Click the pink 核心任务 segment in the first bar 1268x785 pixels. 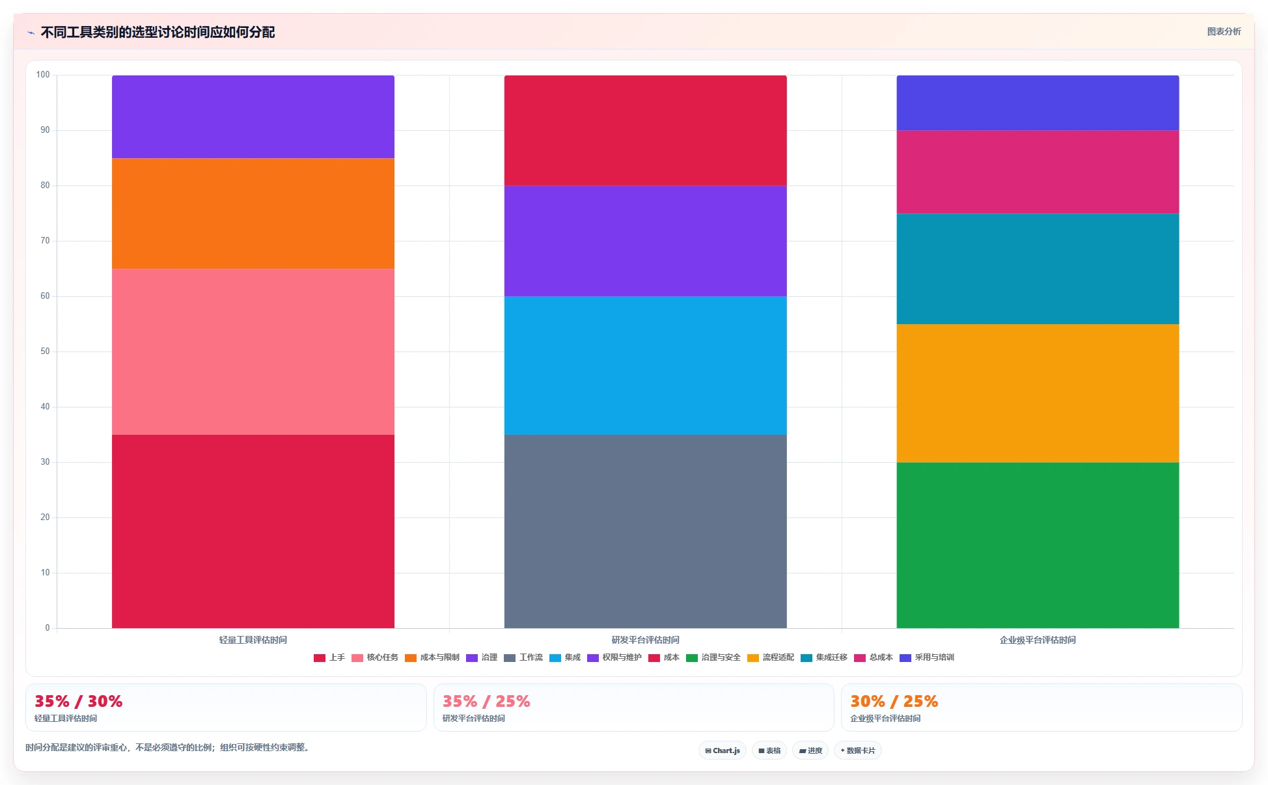pyautogui.click(x=253, y=351)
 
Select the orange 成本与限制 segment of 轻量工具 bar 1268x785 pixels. pyautogui.click(x=253, y=213)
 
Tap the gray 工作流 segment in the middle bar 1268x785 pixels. pyautogui.click(x=645, y=531)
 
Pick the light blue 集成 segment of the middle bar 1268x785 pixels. pyautogui.click(x=645, y=365)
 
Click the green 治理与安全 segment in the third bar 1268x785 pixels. pyautogui.click(x=1038, y=545)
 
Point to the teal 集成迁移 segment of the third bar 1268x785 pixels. pyautogui.click(x=1038, y=269)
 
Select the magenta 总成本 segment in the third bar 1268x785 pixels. pyautogui.click(x=1038, y=172)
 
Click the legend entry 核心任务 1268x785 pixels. pyautogui.click(x=375, y=657)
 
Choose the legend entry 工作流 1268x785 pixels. pyautogui.click(x=523, y=657)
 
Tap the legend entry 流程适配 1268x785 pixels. pyautogui.click(x=771, y=657)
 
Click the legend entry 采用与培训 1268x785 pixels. pyautogui.click(x=927, y=657)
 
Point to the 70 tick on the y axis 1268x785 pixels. pyautogui.click(x=45, y=241)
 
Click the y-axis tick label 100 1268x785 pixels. pyautogui.click(x=43, y=75)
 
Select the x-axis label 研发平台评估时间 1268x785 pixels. pyautogui.click(x=645, y=640)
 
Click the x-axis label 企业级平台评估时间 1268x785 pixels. pyautogui.click(x=1038, y=640)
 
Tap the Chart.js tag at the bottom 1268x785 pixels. pyautogui.click(x=723, y=751)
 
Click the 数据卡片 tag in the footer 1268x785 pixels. pyautogui.click(x=858, y=751)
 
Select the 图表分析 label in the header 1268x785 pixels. pyautogui.click(x=1224, y=31)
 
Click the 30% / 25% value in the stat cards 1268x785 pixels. pyautogui.click(x=894, y=701)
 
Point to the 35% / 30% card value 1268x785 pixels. pyautogui.click(x=78, y=701)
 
